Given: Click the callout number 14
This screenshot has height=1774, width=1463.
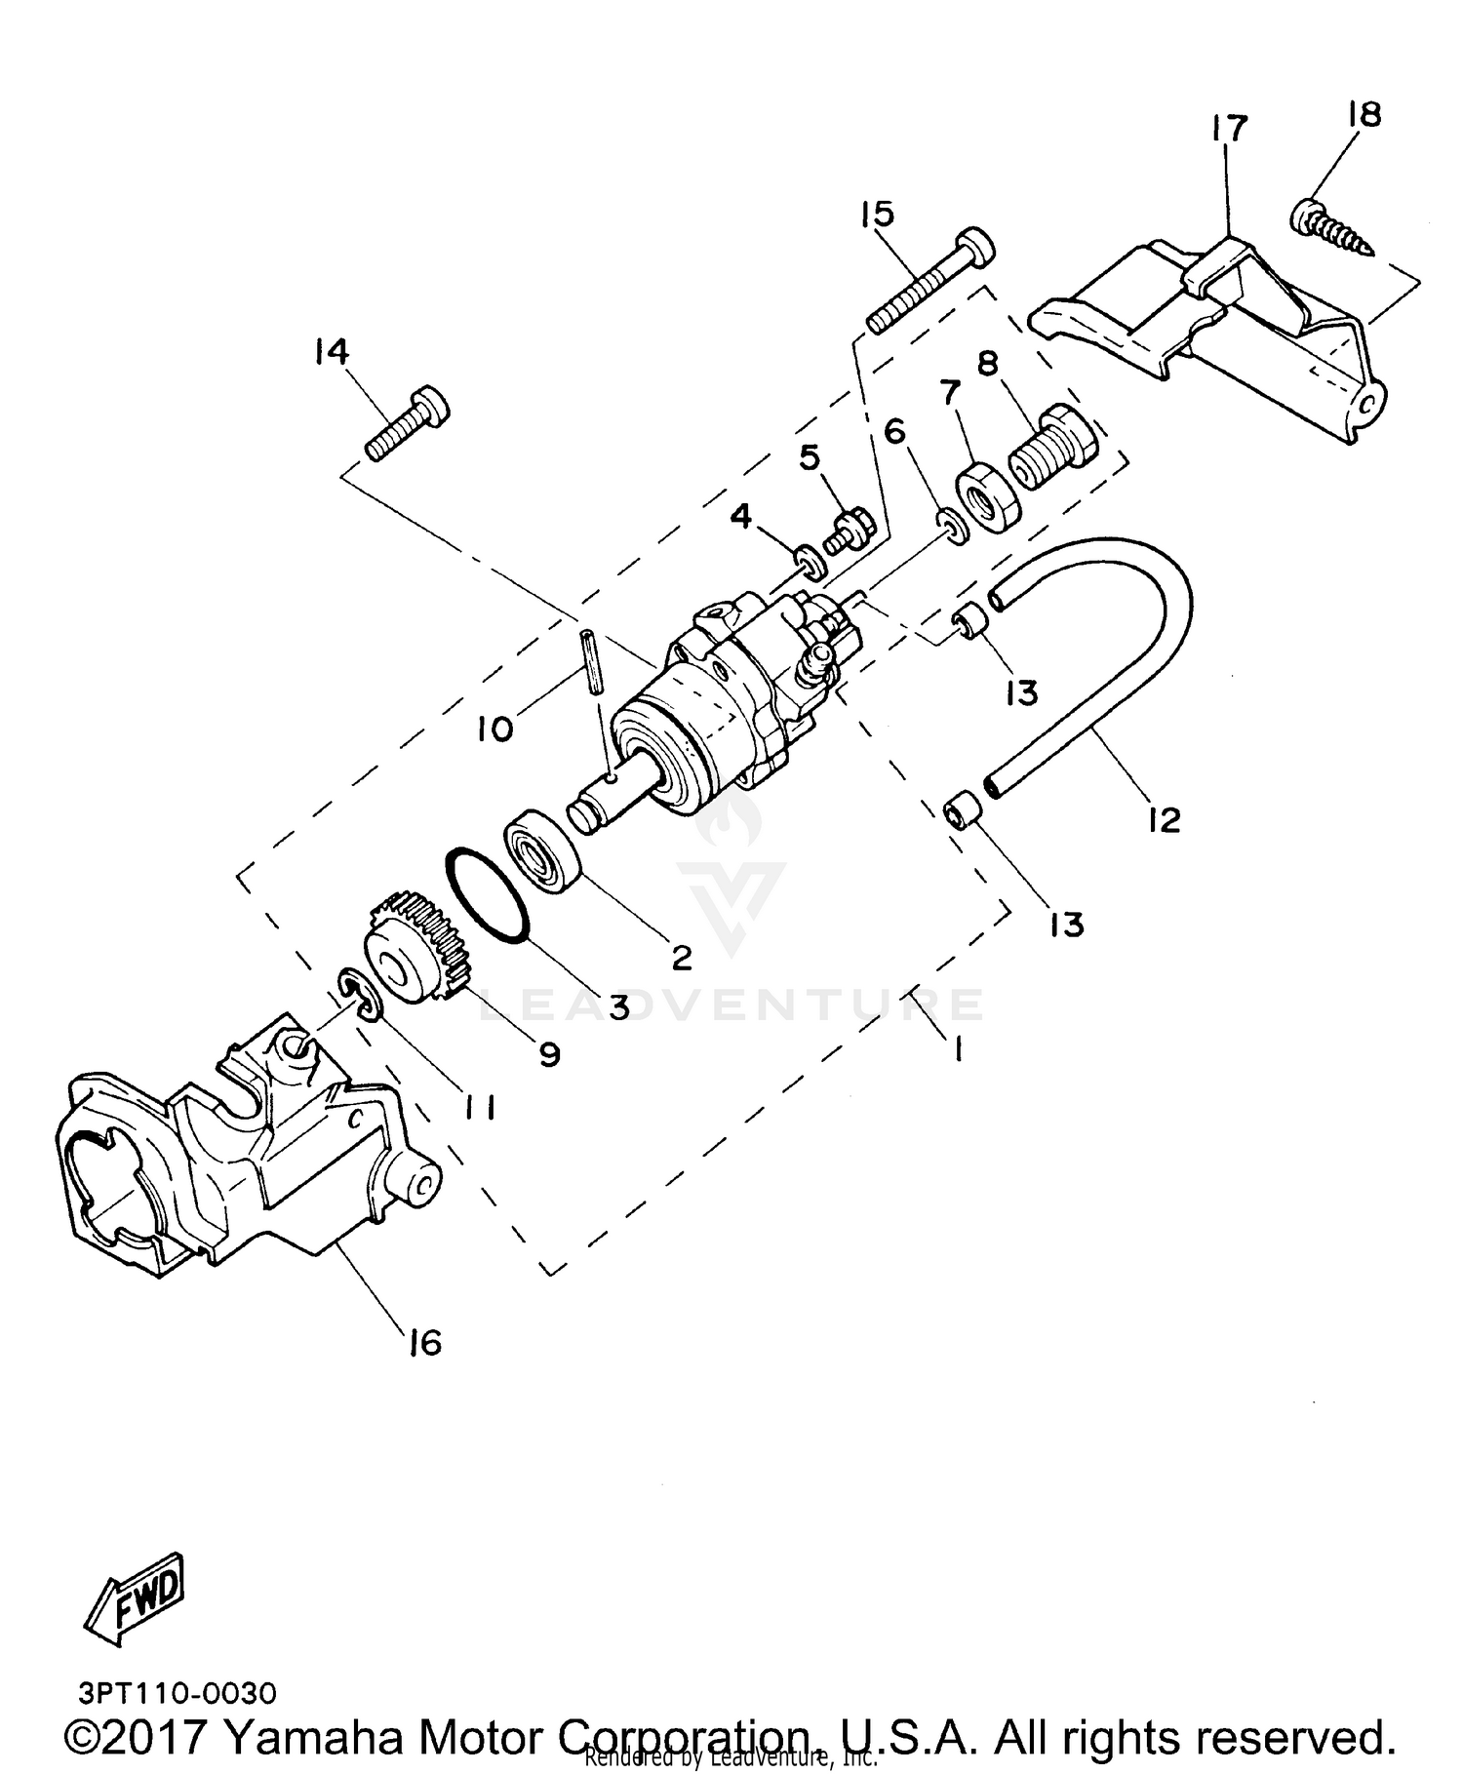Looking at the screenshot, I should pyautogui.click(x=332, y=352).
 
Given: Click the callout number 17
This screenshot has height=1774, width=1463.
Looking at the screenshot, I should pyautogui.click(x=1230, y=128).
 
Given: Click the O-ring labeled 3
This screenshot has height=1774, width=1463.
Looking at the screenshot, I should pyautogui.click(x=487, y=898).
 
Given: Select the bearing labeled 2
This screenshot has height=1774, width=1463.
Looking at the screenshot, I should pyautogui.click(x=542, y=848).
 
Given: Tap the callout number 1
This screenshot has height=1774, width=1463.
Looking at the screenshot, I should pyautogui.click(x=958, y=1049).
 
